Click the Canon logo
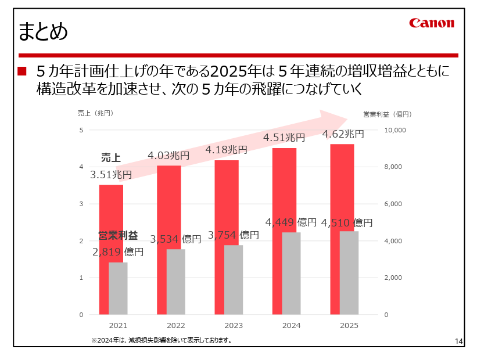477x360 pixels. pos(431,23)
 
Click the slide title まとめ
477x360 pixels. pos(43,31)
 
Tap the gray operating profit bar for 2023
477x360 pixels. pos(234,279)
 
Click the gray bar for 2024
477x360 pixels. pos(291,273)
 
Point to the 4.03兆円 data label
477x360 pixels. pos(168,156)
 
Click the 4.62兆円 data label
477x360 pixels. pos(343,134)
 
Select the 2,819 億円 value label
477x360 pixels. pos(118,252)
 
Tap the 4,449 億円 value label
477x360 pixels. pos(291,222)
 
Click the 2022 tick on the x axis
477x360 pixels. pos(175,326)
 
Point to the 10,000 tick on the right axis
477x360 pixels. pos(394,130)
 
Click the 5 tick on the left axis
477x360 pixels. pos(81,130)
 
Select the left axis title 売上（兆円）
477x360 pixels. pos(95,113)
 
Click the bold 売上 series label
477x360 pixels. pos(110,158)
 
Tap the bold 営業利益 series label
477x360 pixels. pos(118,236)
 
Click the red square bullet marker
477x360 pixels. pos(22,72)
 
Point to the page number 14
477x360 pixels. pos(458,341)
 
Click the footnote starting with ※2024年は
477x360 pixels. pos(162,341)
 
